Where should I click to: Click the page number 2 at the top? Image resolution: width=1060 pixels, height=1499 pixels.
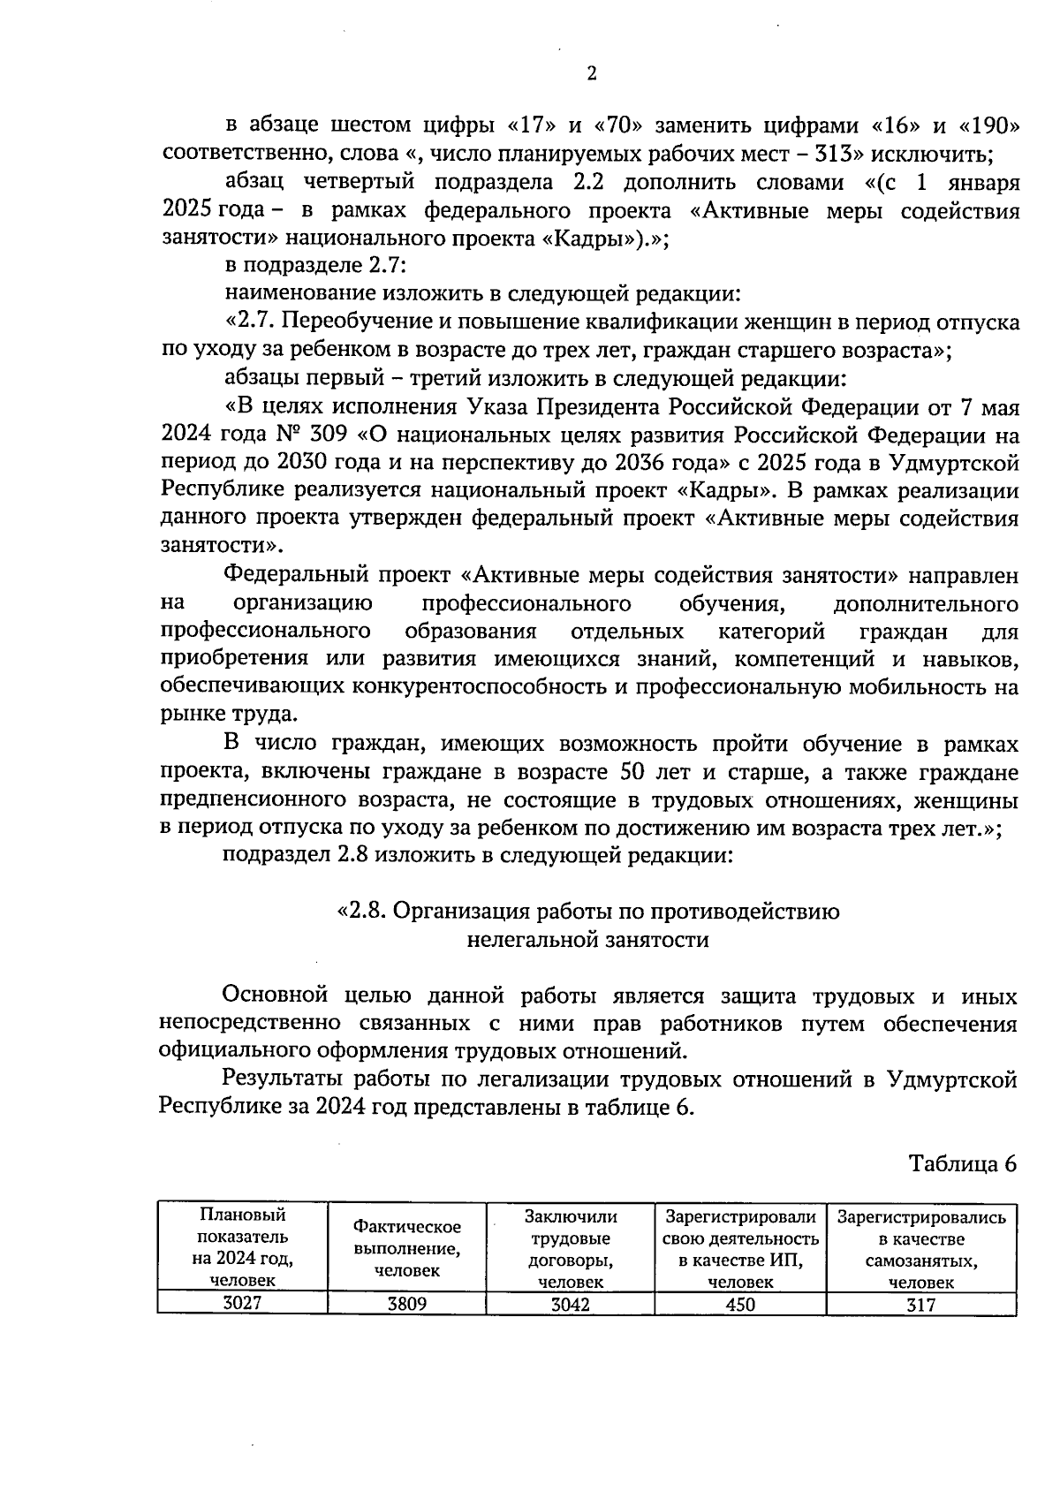[x=591, y=74]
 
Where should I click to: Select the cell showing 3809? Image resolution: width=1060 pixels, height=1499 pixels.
[x=406, y=1304]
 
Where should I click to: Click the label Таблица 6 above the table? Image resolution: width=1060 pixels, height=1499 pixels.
[x=964, y=1163]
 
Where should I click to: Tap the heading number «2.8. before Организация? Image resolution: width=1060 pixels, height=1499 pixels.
[x=362, y=912]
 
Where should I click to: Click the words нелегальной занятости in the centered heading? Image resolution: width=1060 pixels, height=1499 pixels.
[x=587, y=939]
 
